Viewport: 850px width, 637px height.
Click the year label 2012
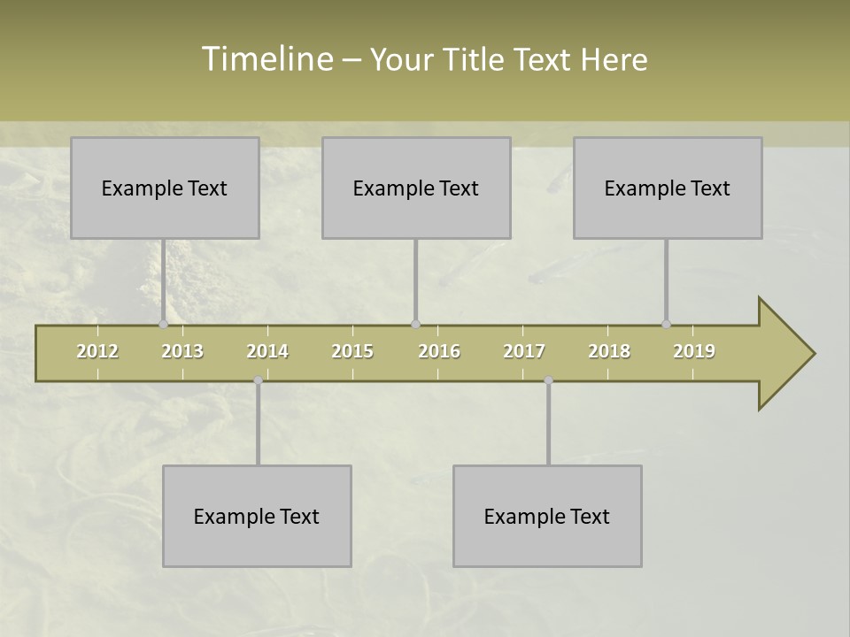97,351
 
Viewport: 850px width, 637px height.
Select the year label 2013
182,351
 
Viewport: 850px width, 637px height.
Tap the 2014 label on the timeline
267,351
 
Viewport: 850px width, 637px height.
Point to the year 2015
352,351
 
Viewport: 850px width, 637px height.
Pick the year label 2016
439,351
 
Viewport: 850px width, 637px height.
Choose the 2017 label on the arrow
524,351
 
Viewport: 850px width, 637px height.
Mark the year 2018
609,351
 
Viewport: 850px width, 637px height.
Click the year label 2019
694,351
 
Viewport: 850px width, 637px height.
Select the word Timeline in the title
266,59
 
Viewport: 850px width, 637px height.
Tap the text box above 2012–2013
165,188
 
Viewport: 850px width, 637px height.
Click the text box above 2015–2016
416,188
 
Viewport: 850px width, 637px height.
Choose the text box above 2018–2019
668,188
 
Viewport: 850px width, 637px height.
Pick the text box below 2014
257,516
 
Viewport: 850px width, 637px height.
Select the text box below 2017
547,516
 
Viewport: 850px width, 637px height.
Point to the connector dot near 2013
163,325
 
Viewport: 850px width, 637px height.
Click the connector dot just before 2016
415,325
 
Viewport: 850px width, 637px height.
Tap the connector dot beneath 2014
258,380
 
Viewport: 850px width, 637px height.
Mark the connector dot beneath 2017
548,380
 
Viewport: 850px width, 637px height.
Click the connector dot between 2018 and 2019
666,325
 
